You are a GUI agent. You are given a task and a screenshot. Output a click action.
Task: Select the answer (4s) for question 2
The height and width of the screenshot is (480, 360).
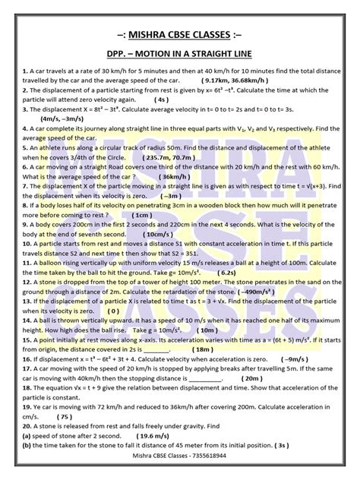[163, 99]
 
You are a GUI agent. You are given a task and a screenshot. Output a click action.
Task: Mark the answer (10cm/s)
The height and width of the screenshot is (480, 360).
[160, 235]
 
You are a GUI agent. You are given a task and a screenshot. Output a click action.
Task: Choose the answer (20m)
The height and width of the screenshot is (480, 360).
[251, 399]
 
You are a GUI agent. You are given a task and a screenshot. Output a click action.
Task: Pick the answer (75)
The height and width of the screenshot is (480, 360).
[65, 437]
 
